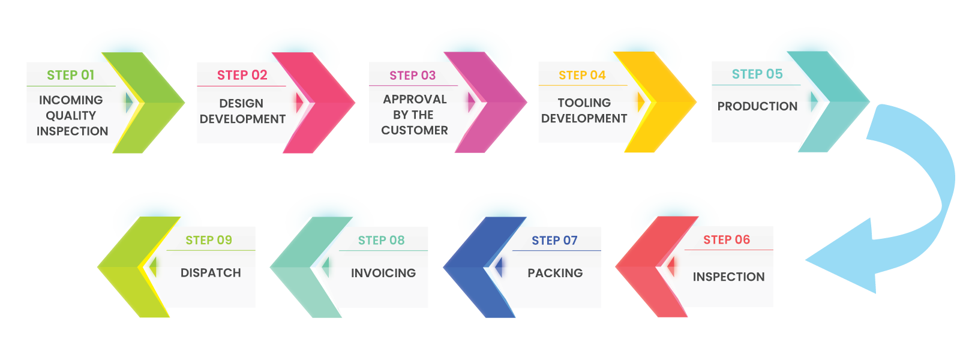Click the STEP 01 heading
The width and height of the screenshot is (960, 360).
click(71, 75)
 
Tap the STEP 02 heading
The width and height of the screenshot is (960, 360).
click(242, 75)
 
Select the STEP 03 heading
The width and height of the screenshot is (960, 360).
click(412, 76)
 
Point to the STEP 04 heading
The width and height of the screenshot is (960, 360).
click(582, 75)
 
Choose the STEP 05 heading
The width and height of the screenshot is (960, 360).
click(757, 74)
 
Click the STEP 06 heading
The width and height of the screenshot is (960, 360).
click(727, 240)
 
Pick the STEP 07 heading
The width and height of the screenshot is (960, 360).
click(554, 241)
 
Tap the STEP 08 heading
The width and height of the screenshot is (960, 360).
click(381, 241)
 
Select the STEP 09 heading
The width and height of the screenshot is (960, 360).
click(208, 240)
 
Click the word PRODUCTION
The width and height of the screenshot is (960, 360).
click(757, 106)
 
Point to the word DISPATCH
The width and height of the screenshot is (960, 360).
click(211, 273)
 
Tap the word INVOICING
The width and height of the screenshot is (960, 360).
click(383, 273)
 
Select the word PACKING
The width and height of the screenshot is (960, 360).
click(555, 273)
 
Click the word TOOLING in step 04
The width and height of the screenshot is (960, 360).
click(584, 103)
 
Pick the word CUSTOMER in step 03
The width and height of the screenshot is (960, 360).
click(415, 130)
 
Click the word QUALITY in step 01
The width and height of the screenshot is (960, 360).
click(71, 115)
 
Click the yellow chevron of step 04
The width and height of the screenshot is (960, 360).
click(666, 102)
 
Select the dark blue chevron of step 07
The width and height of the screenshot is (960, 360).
click(474, 267)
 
